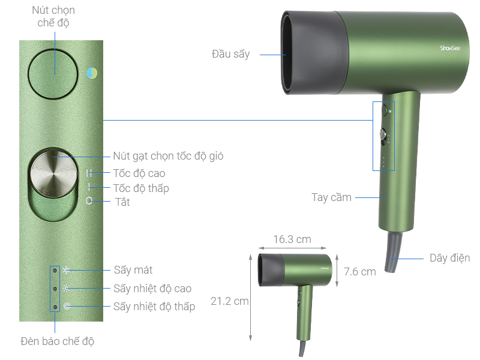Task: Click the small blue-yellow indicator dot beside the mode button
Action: (92, 73)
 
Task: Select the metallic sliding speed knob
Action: (53, 173)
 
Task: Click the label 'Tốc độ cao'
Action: (139, 173)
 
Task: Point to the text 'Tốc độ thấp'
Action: (141, 188)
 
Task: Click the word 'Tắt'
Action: (122, 202)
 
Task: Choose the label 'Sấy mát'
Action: (133, 271)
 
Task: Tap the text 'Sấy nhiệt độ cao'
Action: (152, 289)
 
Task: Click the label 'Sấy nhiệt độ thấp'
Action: (154, 307)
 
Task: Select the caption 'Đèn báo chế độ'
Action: (57, 341)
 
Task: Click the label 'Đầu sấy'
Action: (230, 54)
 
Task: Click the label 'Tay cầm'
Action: (332, 197)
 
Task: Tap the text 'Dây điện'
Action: (449, 258)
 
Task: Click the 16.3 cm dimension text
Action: (292, 239)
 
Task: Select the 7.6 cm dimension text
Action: (359, 272)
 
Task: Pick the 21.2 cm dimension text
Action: (229, 301)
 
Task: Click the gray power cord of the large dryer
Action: (393, 252)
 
